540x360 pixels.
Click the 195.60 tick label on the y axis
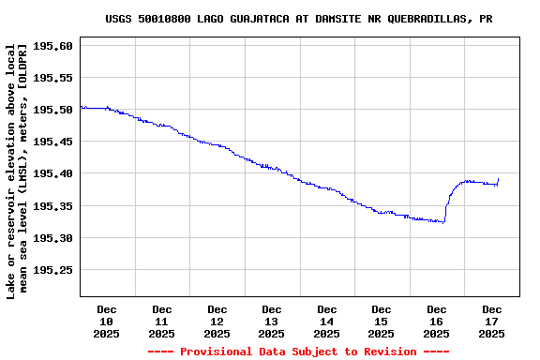pyautogui.click(x=52, y=46)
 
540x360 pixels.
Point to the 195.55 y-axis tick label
pyautogui.click(x=52, y=78)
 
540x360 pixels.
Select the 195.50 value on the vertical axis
pyautogui.click(x=52, y=110)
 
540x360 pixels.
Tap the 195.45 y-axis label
pyautogui.click(x=52, y=142)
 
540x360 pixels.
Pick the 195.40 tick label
pyautogui.click(x=52, y=173)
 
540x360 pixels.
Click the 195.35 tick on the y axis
pyautogui.click(x=52, y=206)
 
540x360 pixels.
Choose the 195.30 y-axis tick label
pyautogui.click(x=52, y=238)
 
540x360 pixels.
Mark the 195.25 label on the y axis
pyautogui.click(x=52, y=270)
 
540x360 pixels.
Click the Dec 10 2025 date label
pyautogui.click(x=107, y=321)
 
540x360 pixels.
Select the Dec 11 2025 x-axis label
pyautogui.click(x=162, y=321)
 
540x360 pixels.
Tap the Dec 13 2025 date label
pyautogui.click(x=272, y=321)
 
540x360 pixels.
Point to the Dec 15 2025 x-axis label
pyautogui.click(x=382, y=321)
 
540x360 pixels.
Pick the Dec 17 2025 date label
pyautogui.click(x=491, y=321)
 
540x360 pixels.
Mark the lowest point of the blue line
pyautogui.click(x=443, y=223)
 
